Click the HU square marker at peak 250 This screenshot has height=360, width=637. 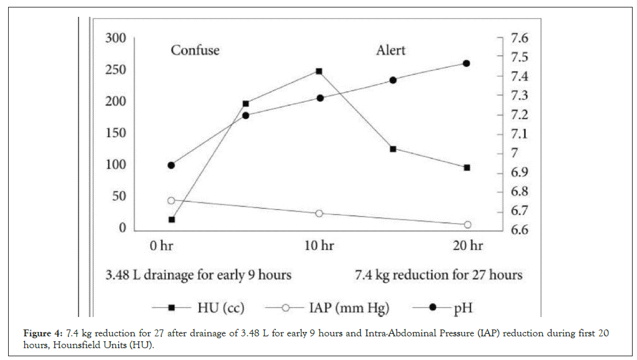tap(319, 71)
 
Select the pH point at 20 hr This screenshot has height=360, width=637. tap(466, 64)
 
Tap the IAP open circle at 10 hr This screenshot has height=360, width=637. tap(319, 214)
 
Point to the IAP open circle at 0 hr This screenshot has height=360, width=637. tap(171, 201)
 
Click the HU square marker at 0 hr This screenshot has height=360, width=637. tap(171, 219)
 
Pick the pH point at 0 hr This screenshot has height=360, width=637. tap(171, 165)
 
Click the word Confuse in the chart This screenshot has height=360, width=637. tap(195, 50)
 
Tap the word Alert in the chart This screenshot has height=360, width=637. tap(390, 50)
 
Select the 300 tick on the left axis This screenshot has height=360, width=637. tap(115, 39)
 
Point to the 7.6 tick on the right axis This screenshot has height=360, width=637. tap(519, 39)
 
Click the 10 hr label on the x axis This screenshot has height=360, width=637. tap(318, 245)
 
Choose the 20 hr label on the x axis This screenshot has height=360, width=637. tap(467, 245)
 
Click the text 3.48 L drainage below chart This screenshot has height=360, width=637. tap(198, 274)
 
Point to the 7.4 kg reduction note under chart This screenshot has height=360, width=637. tap(438, 274)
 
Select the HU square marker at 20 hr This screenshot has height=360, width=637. tap(466, 168)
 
